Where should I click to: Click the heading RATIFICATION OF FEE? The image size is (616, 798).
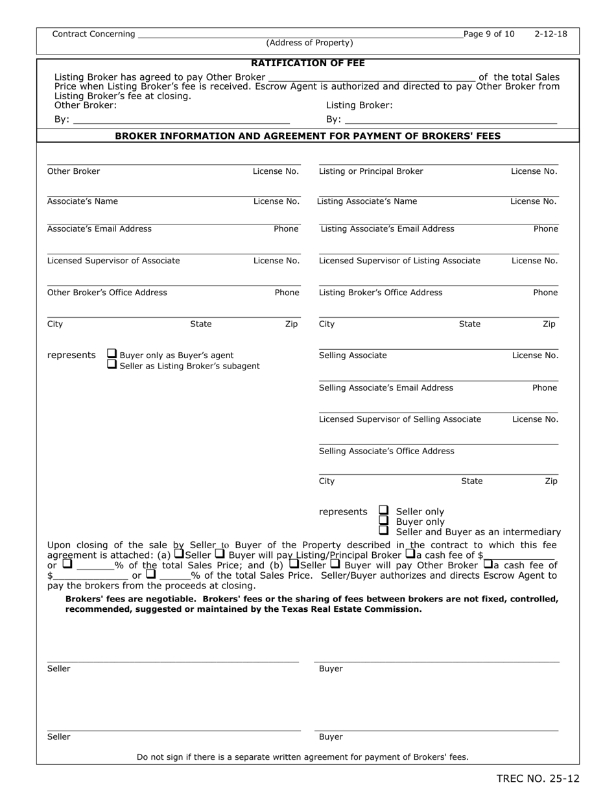[307, 63]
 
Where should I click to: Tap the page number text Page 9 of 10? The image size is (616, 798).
[489, 34]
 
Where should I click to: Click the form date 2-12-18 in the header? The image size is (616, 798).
[551, 34]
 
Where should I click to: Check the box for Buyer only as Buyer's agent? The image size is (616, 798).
[112, 354]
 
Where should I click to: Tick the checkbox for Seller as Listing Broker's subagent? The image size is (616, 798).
[112, 365]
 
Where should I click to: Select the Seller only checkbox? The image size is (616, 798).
[384, 511]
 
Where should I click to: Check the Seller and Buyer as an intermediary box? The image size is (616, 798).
[384, 531]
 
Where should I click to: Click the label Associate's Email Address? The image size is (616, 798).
[99, 229]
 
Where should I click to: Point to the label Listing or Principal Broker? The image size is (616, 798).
[371, 171]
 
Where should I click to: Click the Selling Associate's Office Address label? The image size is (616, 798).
[386, 452]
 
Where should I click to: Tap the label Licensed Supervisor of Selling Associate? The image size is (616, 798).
[400, 419]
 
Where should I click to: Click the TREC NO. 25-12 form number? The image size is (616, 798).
[538, 779]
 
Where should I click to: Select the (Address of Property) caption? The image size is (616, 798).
[309, 43]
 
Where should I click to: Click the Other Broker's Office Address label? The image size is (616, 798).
[107, 293]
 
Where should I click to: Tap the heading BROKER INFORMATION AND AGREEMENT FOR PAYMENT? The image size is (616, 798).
[307, 136]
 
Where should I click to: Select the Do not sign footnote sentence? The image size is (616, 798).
[302, 756]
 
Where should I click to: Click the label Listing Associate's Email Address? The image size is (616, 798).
[387, 229]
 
